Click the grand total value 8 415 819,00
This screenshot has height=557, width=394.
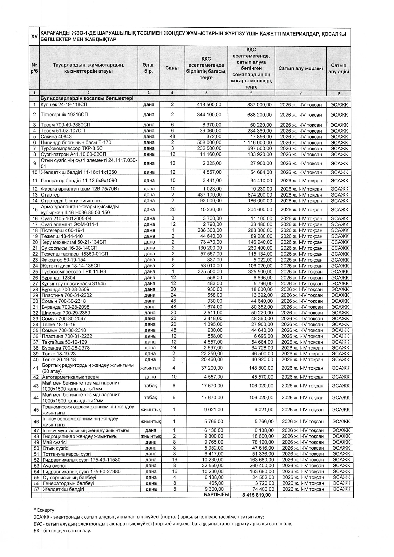coord(257,495)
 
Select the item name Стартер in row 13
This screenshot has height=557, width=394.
coord(50,195)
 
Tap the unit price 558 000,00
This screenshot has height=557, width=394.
coord(208,143)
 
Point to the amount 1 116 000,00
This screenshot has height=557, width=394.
coord(258,143)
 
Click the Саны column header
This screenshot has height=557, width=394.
coord(172,68)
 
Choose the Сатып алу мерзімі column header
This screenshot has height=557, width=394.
coord(301,68)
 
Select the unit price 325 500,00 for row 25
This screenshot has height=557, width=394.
coord(208,272)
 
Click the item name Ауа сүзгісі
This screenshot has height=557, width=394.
coord(54,466)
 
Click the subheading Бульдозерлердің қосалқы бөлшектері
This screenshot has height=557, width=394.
coord(86,98)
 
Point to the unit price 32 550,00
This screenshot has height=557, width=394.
coord(214,466)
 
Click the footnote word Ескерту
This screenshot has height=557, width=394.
coord(46,510)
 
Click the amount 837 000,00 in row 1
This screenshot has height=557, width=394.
coord(260,104)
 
